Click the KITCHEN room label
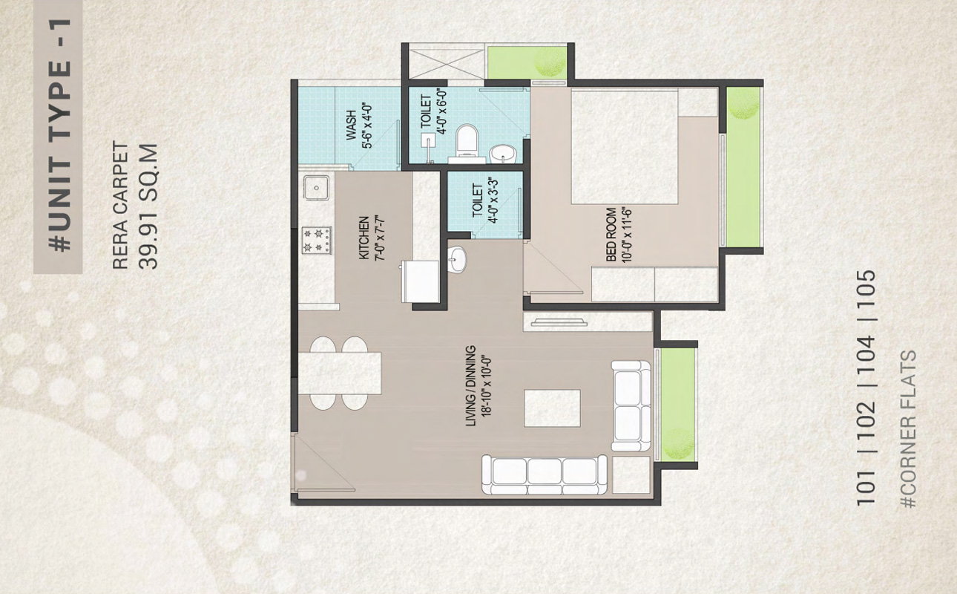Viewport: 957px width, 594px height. coord(364,238)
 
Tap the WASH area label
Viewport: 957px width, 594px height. coord(351,125)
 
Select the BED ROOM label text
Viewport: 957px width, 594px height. coord(611,235)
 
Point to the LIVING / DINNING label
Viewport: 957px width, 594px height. coord(470,386)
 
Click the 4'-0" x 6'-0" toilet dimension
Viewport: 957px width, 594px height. coord(441,111)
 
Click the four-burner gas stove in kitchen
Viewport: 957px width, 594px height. coord(317,241)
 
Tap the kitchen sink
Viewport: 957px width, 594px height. coord(316,188)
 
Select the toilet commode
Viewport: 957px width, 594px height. coord(466,140)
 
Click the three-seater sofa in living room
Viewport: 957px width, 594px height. coord(545,474)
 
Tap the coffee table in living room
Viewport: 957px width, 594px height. coord(552,408)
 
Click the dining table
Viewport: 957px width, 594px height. coord(339,373)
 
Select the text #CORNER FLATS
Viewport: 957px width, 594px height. coord(908,429)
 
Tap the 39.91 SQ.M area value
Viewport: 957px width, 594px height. coord(148,206)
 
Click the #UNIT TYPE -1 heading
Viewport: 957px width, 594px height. coord(59,135)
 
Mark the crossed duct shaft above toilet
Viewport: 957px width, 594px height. coord(447,64)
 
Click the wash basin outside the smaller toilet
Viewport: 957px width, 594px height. coord(457,258)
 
